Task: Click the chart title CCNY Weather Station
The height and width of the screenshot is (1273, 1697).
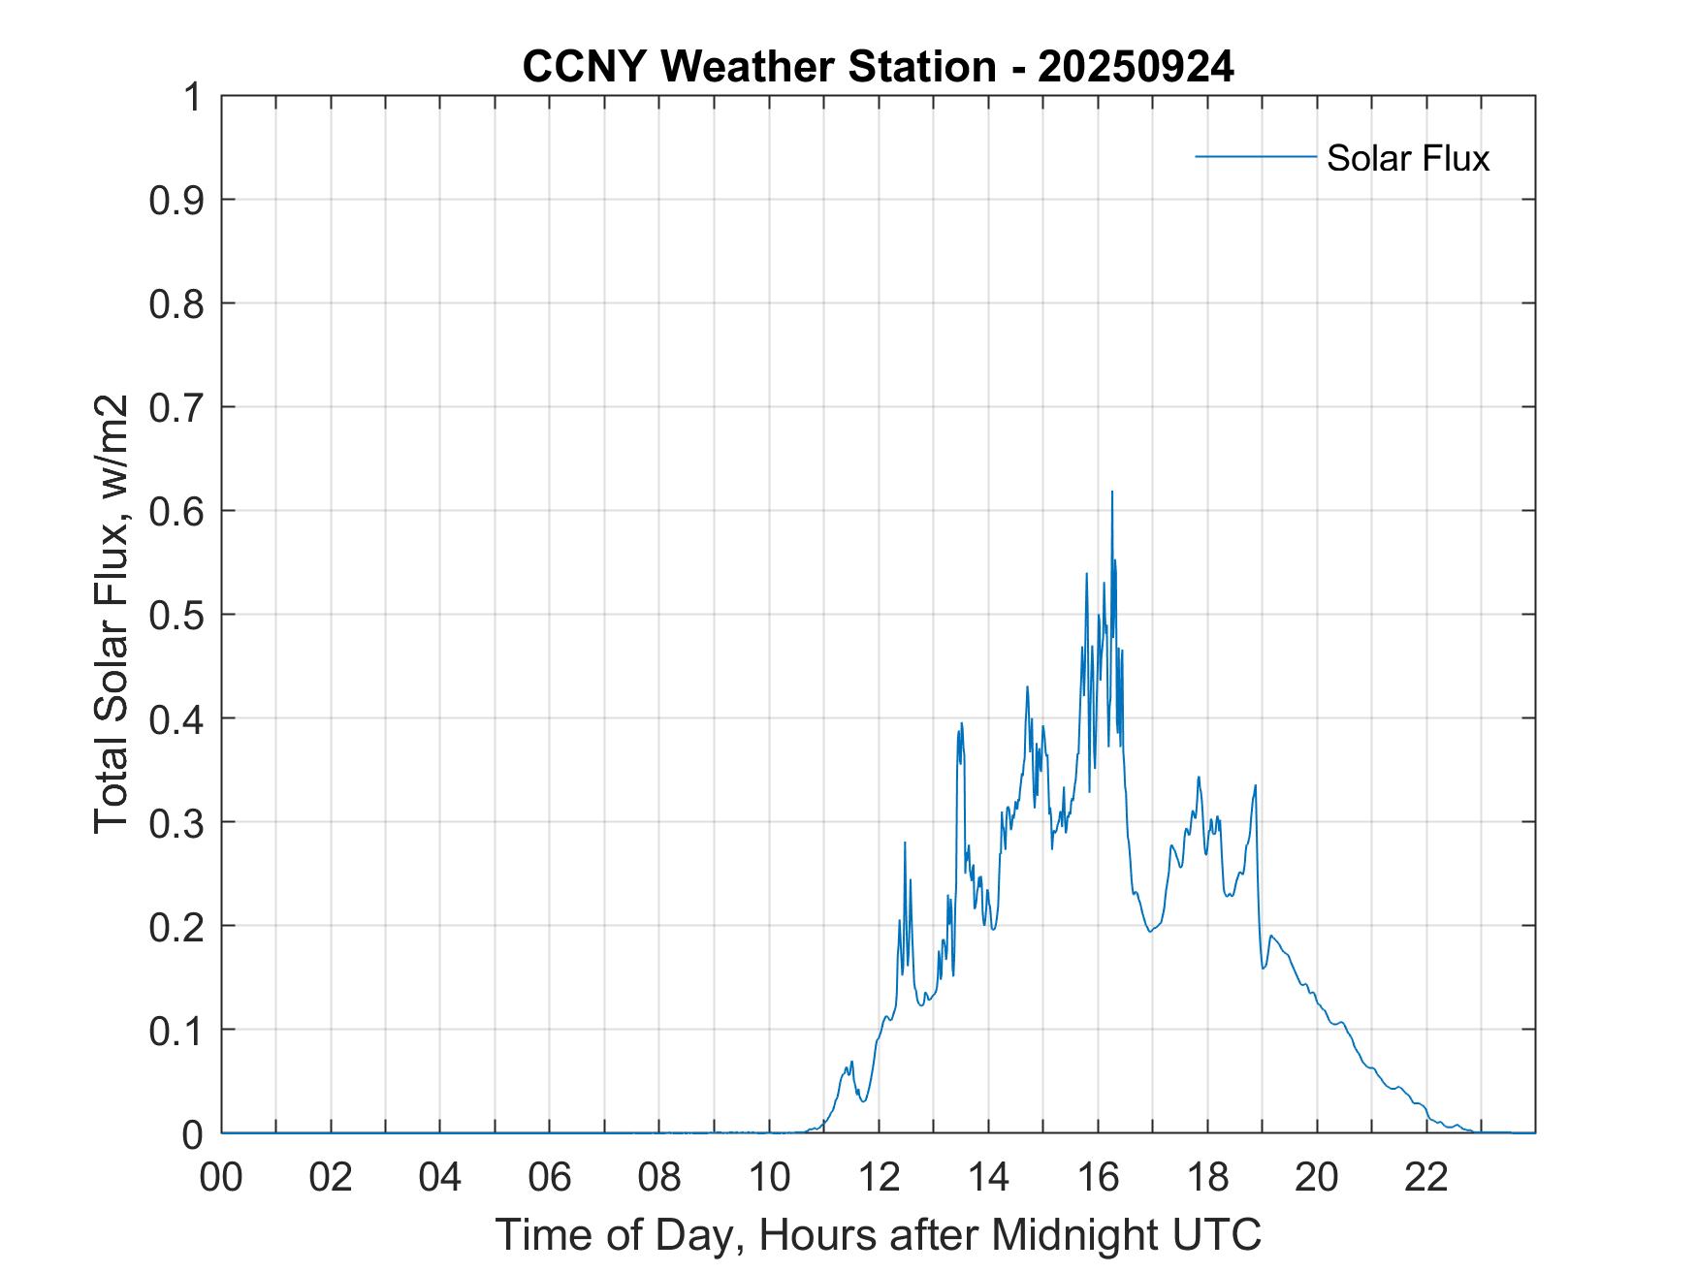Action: (x=758, y=67)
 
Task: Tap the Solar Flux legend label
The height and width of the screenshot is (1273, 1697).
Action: (x=1407, y=158)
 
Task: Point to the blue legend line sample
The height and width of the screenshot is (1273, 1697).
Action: (x=1255, y=156)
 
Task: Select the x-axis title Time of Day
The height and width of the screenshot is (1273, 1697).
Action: (x=878, y=1235)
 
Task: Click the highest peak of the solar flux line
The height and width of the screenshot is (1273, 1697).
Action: (x=1111, y=493)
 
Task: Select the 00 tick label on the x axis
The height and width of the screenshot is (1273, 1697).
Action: (x=221, y=1177)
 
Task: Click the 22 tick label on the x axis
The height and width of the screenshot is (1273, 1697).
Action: (x=1426, y=1177)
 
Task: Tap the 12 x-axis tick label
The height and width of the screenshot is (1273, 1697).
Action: (x=879, y=1177)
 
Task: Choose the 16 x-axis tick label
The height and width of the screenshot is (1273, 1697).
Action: (x=1098, y=1177)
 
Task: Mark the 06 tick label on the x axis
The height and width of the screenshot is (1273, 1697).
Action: (x=550, y=1177)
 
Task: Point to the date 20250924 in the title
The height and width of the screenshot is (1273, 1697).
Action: (x=1136, y=67)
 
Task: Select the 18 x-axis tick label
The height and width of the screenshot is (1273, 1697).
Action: (x=1207, y=1177)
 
